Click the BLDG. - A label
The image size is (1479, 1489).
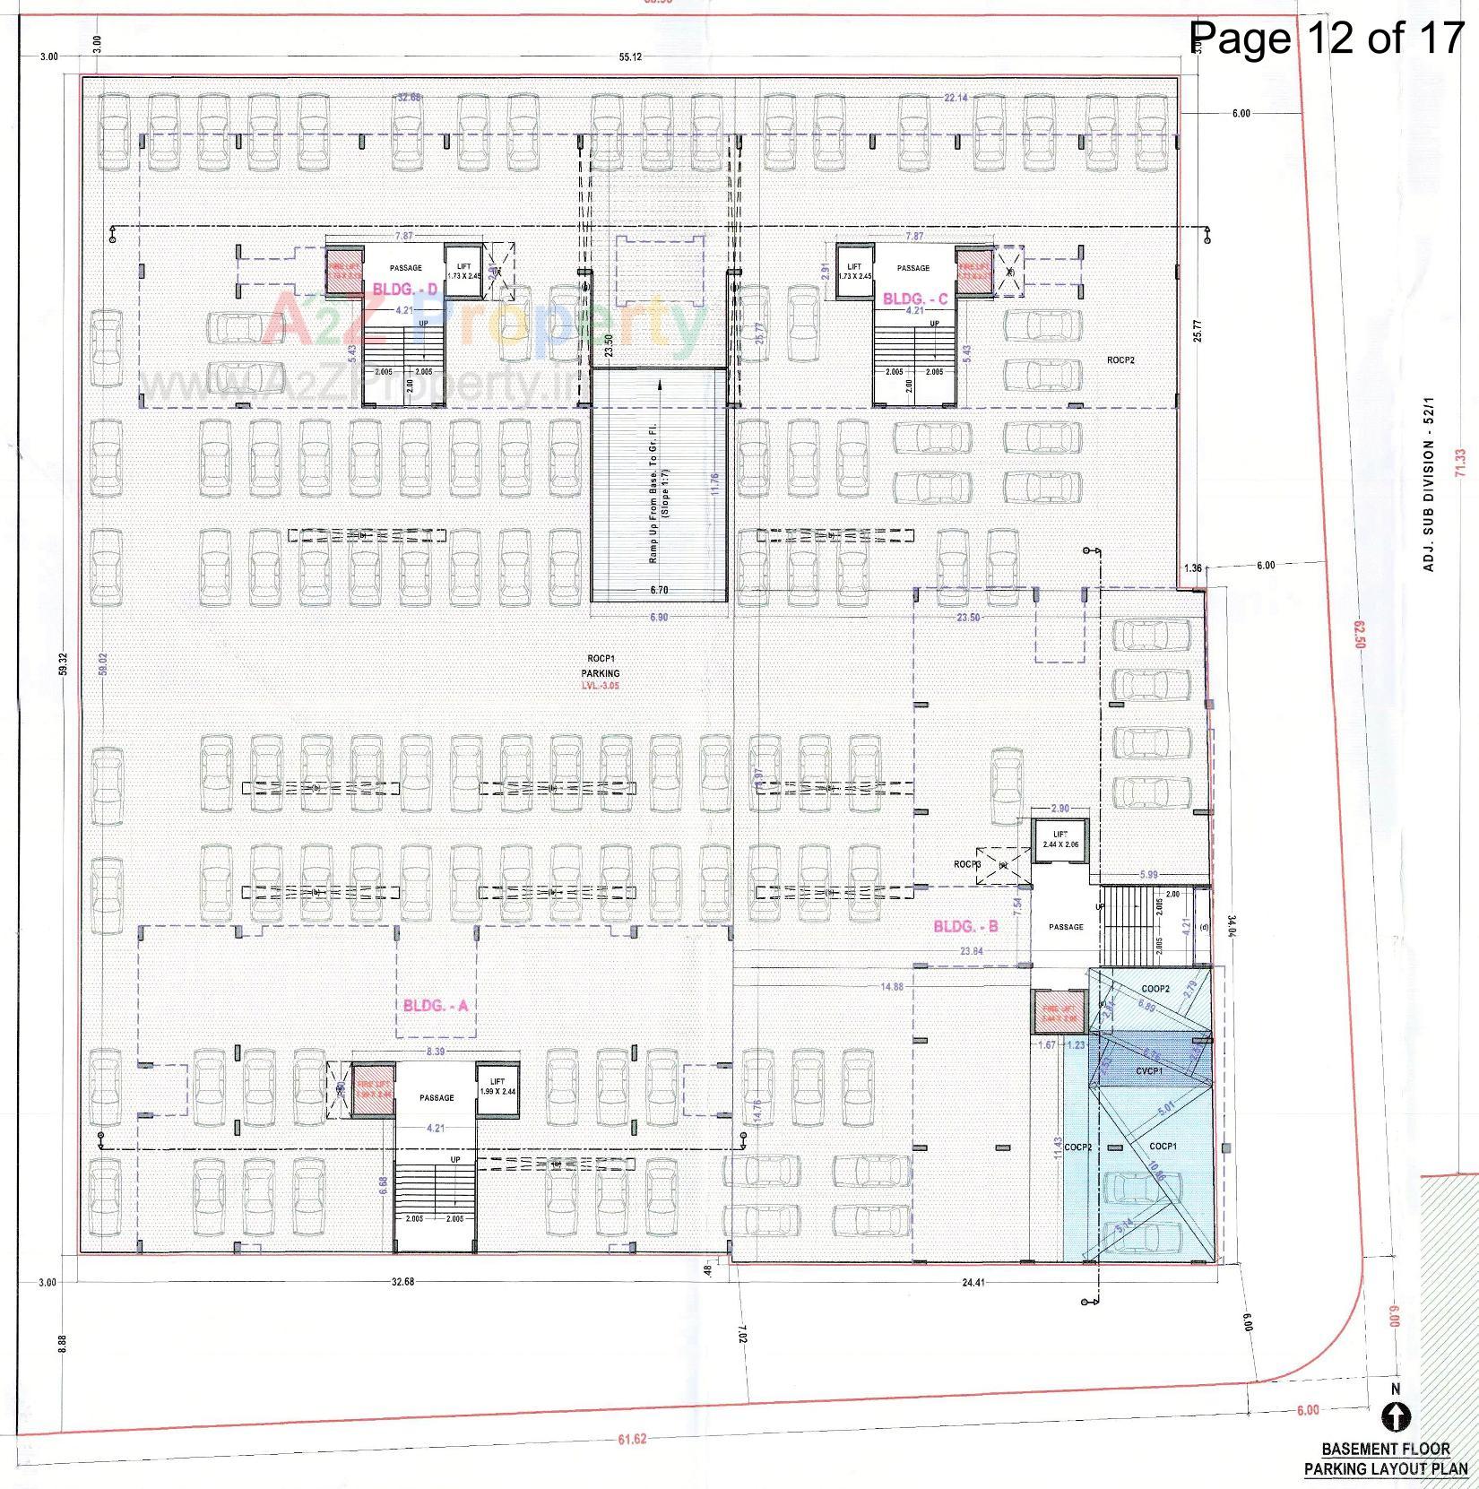pyautogui.click(x=436, y=1006)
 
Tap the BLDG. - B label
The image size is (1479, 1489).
pyautogui.click(x=965, y=926)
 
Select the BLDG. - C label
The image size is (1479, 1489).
pyautogui.click(x=915, y=299)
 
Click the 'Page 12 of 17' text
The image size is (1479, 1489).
pyautogui.click(x=1325, y=38)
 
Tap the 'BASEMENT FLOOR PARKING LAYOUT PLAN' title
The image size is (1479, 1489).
pyautogui.click(x=1386, y=1459)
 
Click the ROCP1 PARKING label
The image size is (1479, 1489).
pyautogui.click(x=600, y=666)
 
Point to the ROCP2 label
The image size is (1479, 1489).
pyautogui.click(x=1120, y=359)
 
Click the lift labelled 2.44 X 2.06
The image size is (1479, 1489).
pyautogui.click(x=1060, y=839)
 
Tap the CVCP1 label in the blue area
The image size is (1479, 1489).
pyautogui.click(x=1149, y=1070)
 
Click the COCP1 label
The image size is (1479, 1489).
pyautogui.click(x=1163, y=1146)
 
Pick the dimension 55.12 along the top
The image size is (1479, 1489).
pyautogui.click(x=631, y=57)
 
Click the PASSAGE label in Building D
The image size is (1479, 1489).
pyautogui.click(x=405, y=268)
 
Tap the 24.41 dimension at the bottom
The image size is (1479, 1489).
pyautogui.click(x=973, y=1282)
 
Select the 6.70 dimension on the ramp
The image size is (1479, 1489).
pyautogui.click(x=659, y=590)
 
